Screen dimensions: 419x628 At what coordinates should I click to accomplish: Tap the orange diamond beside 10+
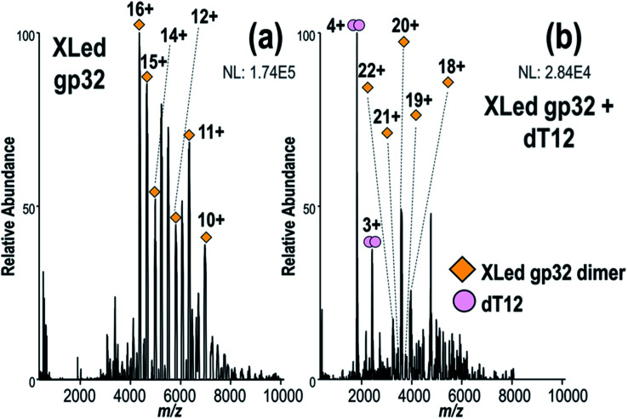coord(206,238)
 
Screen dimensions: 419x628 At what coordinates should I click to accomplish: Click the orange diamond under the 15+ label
coord(146,77)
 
